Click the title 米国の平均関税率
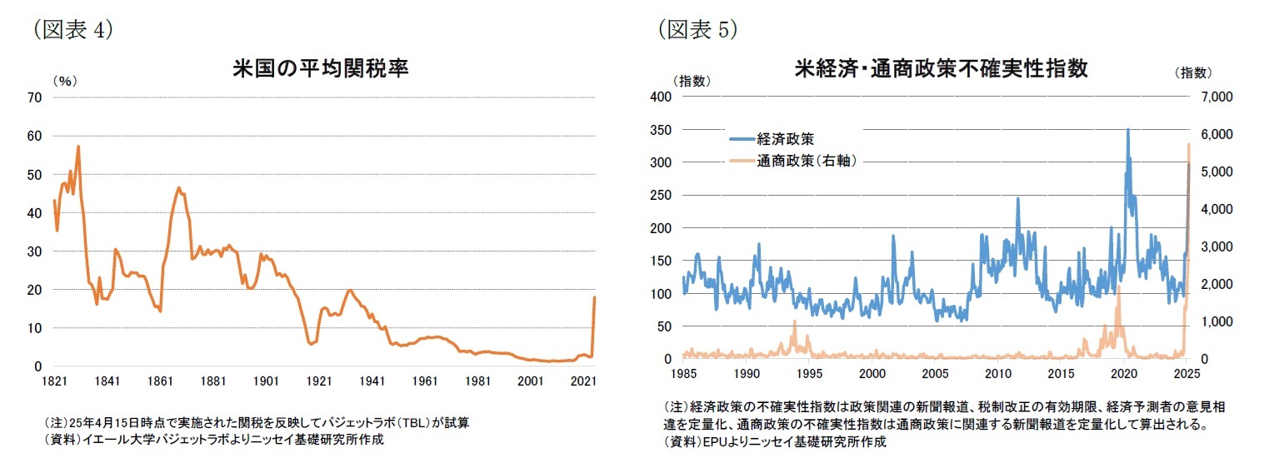click(321, 69)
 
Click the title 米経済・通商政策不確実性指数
click(942, 68)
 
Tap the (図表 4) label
click(72, 29)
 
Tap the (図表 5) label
click(697, 29)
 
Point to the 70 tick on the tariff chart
click(35, 97)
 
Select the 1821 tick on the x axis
click(54, 381)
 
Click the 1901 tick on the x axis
click(267, 381)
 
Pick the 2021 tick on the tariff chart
click(587, 381)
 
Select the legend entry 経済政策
click(784, 138)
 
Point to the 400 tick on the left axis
click(662, 97)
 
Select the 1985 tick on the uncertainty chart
click(683, 373)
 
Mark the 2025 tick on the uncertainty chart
click(1188, 373)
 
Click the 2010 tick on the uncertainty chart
click(998, 373)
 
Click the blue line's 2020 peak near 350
click(1128, 130)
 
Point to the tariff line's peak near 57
click(78, 147)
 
